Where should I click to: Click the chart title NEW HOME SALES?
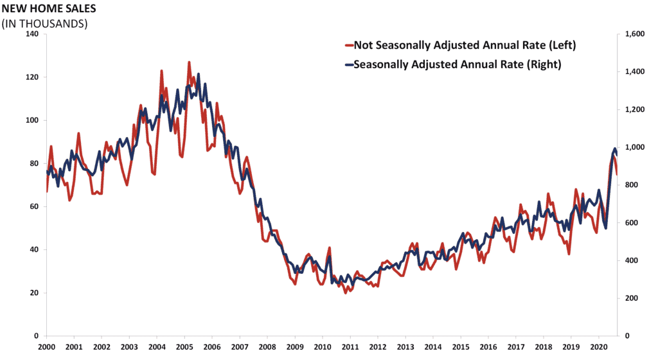tap(49, 8)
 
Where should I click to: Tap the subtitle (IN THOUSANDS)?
tap(44, 24)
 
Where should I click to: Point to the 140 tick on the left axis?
tap(32, 34)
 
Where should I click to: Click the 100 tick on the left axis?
tap(32, 120)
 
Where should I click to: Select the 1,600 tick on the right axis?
tap(635, 34)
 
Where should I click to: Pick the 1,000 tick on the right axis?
tap(635, 147)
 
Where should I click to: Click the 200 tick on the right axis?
tap(632, 298)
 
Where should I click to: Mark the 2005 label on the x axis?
tap(184, 347)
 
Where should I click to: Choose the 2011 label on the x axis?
tap(350, 347)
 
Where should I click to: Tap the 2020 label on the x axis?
tap(598, 347)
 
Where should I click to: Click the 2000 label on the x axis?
tap(46, 347)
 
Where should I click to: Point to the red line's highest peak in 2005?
tap(189, 62)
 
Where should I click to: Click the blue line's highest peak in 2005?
tap(198, 75)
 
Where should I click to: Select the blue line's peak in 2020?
tap(615, 148)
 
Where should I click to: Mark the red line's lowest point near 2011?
tap(345, 293)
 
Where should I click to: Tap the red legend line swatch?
tap(349, 45)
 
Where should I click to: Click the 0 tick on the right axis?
tap(627, 336)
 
